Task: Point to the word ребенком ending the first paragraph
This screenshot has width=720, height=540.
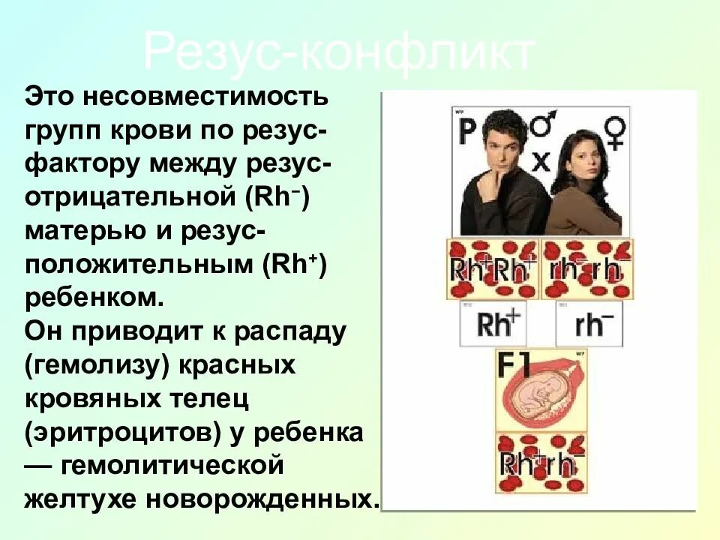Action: tap(93, 297)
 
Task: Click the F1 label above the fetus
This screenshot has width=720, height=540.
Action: tap(515, 365)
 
